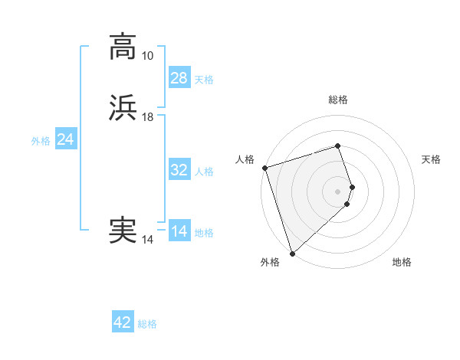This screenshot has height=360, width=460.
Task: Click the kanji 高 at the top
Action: pos(123,47)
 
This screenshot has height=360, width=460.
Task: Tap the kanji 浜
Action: pos(123,109)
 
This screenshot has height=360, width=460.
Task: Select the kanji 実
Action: pos(123,230)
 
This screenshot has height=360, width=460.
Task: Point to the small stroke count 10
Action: pos(147,56)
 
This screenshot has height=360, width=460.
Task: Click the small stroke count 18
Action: pos(147,117)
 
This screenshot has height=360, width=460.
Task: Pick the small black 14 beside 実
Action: pos(147,240)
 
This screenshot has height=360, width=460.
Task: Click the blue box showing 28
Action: pos(179,77)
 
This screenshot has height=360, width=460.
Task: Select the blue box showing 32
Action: pos(179,170)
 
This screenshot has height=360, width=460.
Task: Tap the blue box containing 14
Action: pos(179,231)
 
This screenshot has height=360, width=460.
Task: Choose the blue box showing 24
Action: pos(66,139)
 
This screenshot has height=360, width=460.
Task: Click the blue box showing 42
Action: pos(123,322)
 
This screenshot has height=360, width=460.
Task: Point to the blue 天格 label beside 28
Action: pos(204,80)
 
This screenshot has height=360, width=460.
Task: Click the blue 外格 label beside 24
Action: pos(41,141)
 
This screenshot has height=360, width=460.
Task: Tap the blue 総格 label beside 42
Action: pos(147,324)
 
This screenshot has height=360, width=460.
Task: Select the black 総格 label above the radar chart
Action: pos(338,100)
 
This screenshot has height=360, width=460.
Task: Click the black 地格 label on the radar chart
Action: pos(402,262)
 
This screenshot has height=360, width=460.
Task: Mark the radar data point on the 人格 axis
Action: pos(264,168)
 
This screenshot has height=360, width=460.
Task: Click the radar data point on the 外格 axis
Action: pos(292,254)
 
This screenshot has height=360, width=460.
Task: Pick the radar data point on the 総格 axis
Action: pos(338,146)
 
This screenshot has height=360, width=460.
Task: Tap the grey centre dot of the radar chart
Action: pos(338,191)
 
